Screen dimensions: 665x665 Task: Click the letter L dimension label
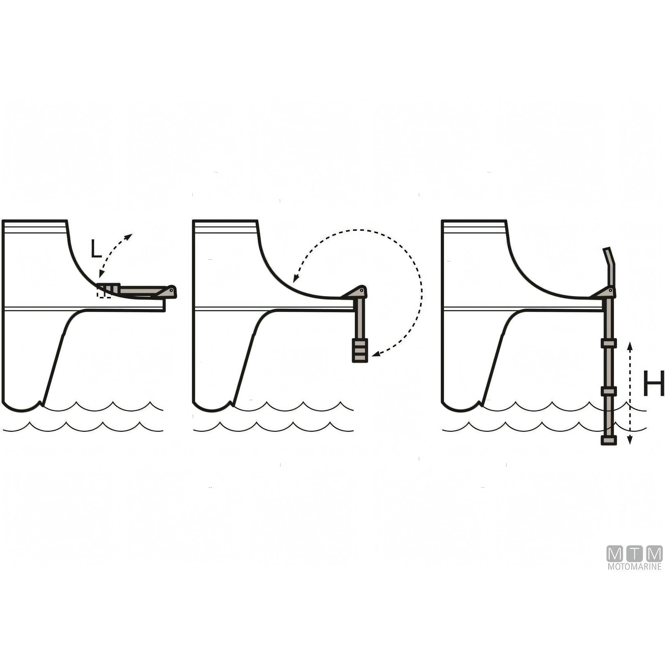[96, 249]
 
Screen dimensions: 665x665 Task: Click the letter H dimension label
[653, 383]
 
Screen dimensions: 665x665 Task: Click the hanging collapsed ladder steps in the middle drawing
[360, 350]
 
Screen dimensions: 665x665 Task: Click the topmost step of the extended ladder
[608, 343]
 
